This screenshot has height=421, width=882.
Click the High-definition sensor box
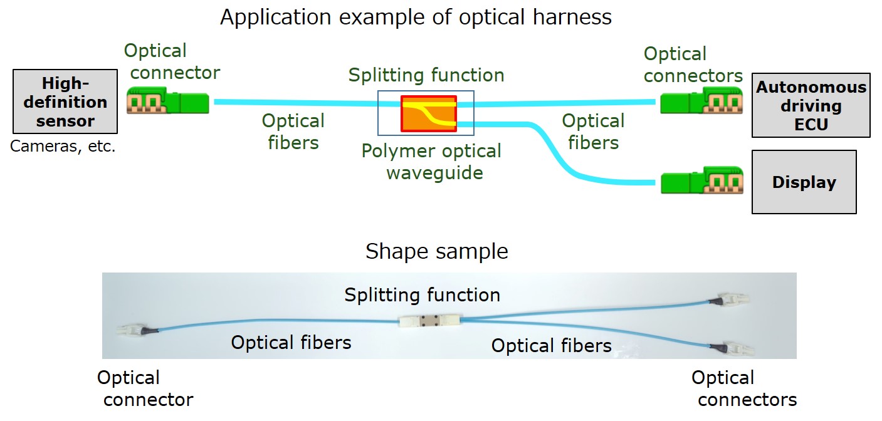(x=65, y=101)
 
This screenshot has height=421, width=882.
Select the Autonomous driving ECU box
(x=811, y=105)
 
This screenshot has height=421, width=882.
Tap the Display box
(x=804, y=182)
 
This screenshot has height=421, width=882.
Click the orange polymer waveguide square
(x=429, y=113)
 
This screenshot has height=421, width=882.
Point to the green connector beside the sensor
(x=167, y=100)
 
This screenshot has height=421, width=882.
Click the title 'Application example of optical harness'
(x=416, y=17)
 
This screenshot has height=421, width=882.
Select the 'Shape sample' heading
(x=436, y=251)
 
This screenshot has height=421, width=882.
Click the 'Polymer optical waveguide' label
(x=431, y=162)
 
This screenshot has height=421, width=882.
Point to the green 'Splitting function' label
(x=426, y=75)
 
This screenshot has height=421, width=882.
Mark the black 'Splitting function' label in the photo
(x=422, y=295)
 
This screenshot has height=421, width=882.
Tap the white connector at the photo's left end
(x=130, y=331)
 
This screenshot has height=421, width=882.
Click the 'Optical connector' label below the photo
(x=145, y=388)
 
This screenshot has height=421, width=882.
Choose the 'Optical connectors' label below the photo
(x=744, y=388)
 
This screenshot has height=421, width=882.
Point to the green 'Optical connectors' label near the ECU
(x=693, y=65)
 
